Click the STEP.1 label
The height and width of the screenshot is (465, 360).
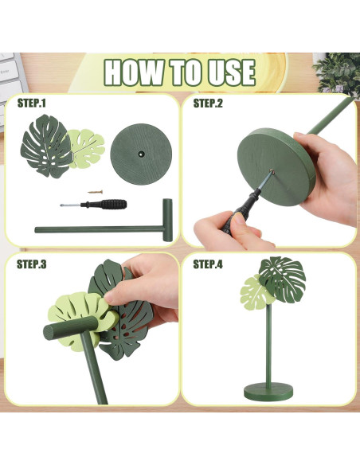pyautogui.click(x=31, y=103)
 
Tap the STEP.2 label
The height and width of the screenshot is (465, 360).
pyautogui.click(x=208, y=103)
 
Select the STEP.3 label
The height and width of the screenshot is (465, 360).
pyautogui.click(x=31, y=264)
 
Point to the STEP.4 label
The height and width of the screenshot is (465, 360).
pyautogui.click(x=208, y=264)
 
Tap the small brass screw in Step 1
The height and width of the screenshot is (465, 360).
pyautogui.click(x=96, y=192)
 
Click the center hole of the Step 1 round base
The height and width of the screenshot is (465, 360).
pyautogui.click(x=141, y=154)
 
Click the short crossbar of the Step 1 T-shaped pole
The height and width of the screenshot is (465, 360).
pyautogui.click(x=167, y=220)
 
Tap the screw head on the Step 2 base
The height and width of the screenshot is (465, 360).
pyautogui.click(x=272, y=171)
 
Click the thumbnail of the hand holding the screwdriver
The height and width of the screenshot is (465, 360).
pyautogui.click(x=239, y=220)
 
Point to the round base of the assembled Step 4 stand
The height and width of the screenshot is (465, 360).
pyautogui.click(x=268, y=392)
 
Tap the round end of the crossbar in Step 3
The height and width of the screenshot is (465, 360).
pyautogui.click(x=50, y=332)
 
